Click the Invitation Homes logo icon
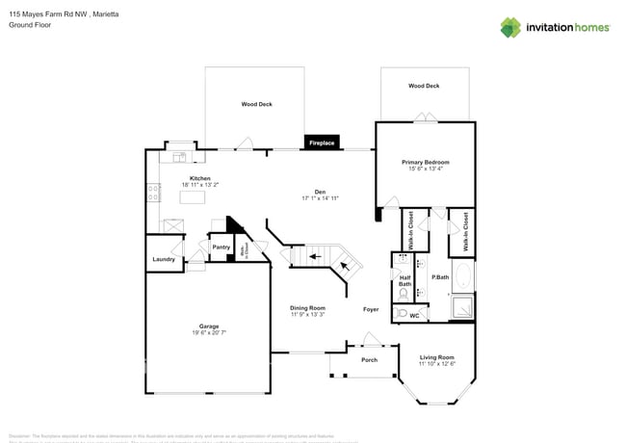[511, 27]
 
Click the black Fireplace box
[322, 143]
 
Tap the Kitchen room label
[200, 178]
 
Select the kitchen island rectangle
[195, 197]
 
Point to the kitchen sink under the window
[178, 156]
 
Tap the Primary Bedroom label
[426, 163]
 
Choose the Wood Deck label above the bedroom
[424, 86]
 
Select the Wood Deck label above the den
[255, 103]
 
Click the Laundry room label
[162, 259]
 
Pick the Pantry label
[220, 248]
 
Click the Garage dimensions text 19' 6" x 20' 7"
[206, 331]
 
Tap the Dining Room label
[308, 308]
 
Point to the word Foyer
[371, 309]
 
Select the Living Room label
[436, 357]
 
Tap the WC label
[414, 315]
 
